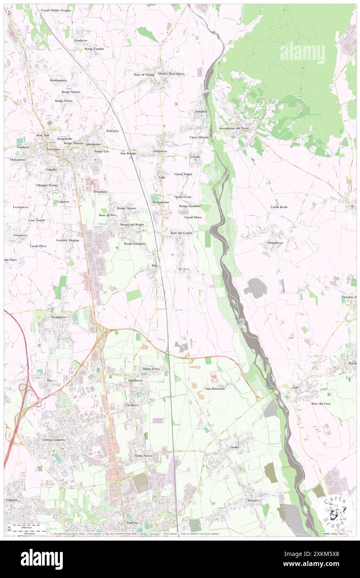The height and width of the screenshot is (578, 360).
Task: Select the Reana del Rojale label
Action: tap(132, 225)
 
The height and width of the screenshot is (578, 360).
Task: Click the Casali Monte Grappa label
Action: tap(56, 10)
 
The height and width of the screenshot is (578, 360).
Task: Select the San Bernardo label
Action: tap(215, 388)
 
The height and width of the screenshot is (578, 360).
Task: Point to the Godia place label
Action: tap(234, 447)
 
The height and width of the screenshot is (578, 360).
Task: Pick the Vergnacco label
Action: tap(160, 151)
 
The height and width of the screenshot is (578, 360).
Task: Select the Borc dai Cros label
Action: tap(321, 403)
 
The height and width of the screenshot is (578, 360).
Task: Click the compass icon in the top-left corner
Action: tap(9, 13)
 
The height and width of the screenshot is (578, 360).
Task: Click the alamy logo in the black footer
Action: tap(42, 559)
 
